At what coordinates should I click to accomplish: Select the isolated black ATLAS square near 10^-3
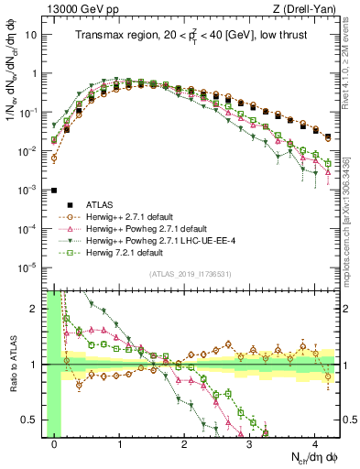[55, 191]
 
